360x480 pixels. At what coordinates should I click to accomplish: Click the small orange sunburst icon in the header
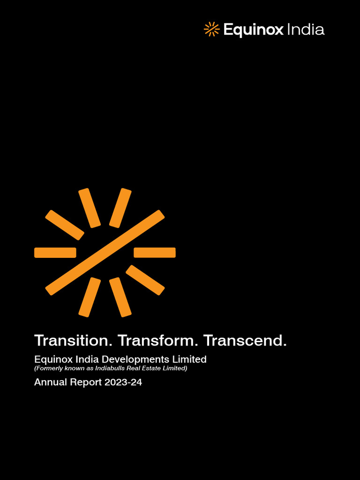click(211, 29)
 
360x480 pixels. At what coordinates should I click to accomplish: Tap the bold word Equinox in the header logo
click(253, 30)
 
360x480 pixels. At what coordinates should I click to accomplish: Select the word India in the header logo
click(305, 30)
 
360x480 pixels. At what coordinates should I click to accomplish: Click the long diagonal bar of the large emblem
click(105, 252)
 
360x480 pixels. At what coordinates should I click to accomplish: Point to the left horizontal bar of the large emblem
click(55, 253)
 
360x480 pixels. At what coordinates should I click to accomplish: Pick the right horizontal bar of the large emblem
click(155, 253)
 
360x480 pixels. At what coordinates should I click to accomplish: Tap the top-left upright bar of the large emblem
click(90, 208)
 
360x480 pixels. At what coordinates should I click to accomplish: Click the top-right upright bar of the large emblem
click(120, 208)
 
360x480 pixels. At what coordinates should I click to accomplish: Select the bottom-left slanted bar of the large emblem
click(90, 297)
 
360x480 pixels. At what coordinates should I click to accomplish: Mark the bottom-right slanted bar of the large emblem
click(120, 297)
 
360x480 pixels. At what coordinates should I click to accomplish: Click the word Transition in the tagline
click(74, 340)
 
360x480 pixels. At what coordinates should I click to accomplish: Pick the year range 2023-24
click(123, 382)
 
